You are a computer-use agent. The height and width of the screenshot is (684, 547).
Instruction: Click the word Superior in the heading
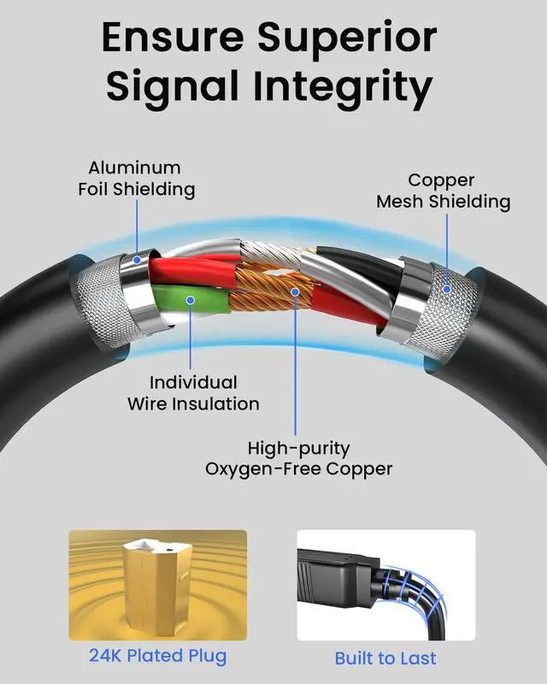coord(347,38)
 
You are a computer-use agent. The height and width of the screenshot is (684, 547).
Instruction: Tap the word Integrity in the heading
coord(343,87)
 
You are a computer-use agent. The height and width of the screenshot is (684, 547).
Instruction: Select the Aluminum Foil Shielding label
coord(136,179)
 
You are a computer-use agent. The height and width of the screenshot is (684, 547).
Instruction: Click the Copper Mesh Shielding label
coord(444,191)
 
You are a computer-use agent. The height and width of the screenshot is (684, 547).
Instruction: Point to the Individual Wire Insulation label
coord(193,393)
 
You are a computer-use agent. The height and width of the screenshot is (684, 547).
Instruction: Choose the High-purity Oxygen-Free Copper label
coord(298,458)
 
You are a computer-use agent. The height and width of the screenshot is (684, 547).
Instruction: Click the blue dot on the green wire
coord(191,300)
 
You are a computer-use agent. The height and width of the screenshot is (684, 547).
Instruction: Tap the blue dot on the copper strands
coord(296,292)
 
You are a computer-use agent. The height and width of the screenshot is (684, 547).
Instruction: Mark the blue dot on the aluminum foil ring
coord(137,260)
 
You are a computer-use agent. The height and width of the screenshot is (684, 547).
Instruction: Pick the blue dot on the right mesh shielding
coord(447,289)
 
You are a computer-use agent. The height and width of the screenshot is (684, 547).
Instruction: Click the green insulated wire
coord(192,299)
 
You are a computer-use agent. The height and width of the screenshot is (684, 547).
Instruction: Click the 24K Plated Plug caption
coord(158,656)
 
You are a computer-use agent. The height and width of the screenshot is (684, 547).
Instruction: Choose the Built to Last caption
coord(385,658)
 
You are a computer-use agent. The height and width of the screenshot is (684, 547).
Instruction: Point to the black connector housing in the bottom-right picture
coord(336,575)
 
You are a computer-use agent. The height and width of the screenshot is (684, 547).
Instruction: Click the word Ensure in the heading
coord(173,38)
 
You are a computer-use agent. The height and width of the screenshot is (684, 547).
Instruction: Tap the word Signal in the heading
coord(173,87)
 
